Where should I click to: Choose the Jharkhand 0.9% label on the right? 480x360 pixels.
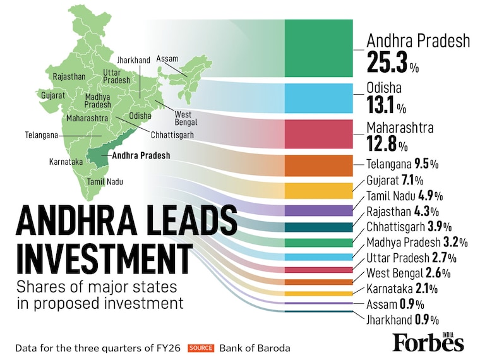[402, 319]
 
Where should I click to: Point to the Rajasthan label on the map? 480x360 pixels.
[69, 76]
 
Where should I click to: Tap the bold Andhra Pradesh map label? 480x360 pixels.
[140, 153]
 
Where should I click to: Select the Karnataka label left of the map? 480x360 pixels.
[66, 162]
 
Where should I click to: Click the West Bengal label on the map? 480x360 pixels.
[183, 117]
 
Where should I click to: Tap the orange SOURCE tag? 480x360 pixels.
[201, 347]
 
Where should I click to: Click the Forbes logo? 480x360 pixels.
[428, 342]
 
